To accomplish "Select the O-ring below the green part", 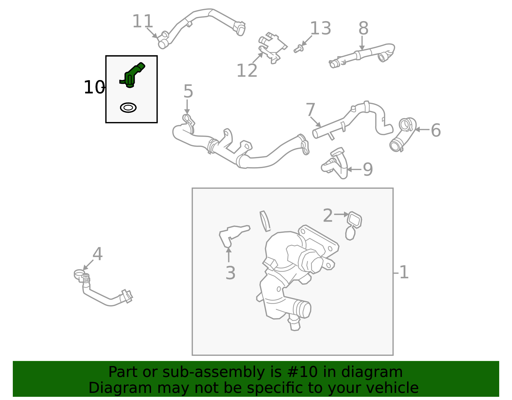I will point(128,108).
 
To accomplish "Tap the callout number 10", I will point(93,87).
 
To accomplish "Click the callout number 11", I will point(142,22).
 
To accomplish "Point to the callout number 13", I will point(320,28).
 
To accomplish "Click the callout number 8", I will point(363,28).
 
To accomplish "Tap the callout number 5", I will point(188,92).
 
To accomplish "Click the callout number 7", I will point(310,110).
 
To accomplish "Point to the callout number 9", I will point(368,169).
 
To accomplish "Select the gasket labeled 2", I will point(354,220).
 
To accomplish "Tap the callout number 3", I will point(230,273).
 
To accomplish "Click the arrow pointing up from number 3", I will point(228,255).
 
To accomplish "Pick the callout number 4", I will point(97,254).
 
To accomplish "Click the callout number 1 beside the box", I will point(404,272).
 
